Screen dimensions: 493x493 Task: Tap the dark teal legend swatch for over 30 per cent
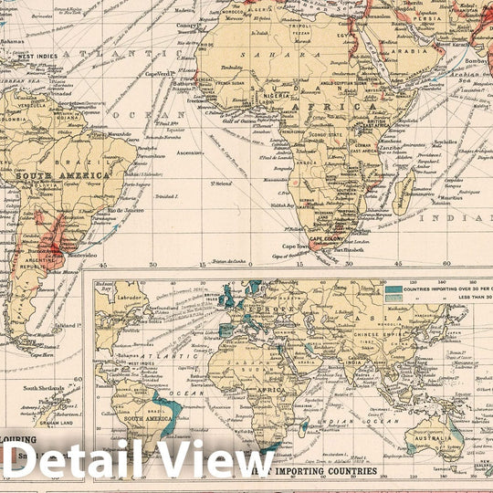(395, 290)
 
